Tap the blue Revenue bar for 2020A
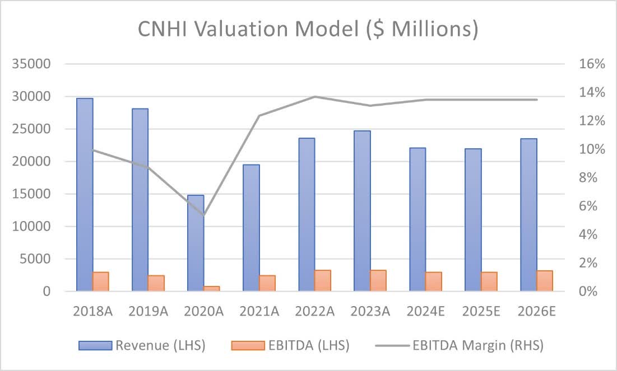pyautogui.click(x=196, y=243)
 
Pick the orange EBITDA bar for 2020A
pyautogui.click(x=212, y=288)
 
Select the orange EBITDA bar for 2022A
pyautogui.click(x=323, y=280)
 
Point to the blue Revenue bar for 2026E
pyautogui.click(x=528, y=215)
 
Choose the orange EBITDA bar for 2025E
pyautogui.click(x=489, y=281)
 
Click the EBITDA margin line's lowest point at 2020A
pyautogui.click(x=204, y=215)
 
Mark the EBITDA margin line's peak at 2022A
pyautogui.click(x=314, y=96)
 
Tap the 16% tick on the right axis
pyautogui.click(x=592, y=64)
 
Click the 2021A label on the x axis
pyautogui.click(x=259, y=311)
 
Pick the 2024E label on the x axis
pyautogui.click(x=425, y=311)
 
